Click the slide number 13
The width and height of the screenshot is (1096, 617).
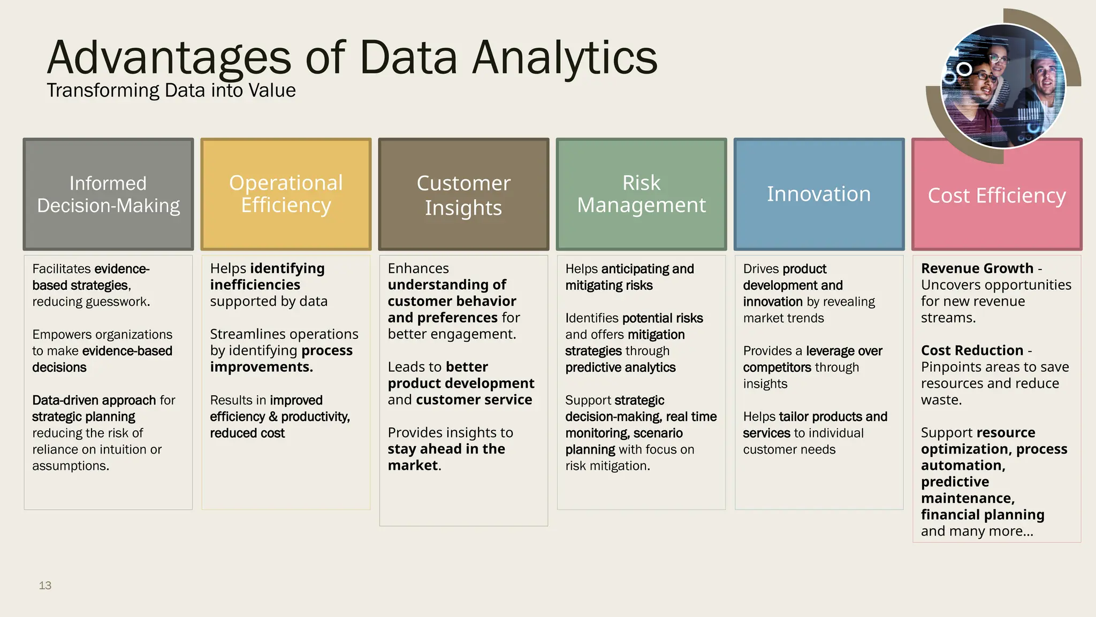(x=45, y=585)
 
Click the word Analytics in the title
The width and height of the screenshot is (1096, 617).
(x=565, y=58)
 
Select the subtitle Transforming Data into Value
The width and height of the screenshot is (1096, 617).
(x=171, y=91)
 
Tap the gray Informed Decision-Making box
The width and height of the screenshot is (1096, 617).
(x=108, y=194)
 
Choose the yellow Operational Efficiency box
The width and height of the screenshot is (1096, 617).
(x=286, y=194)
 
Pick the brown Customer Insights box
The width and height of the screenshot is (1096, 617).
(x=463, y=194)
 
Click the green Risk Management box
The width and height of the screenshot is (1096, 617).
(x=641, y=194)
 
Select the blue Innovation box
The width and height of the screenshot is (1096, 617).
(x=819, y=194)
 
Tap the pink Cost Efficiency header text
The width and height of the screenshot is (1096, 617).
(x=996, y=196)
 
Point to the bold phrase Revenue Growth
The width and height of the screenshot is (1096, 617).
(x=977, y=268)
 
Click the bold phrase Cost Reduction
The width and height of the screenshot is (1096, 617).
(x=972, y=350)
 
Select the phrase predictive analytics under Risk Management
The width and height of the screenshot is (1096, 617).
(x=620, y=367)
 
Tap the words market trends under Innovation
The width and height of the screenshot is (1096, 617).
(x=783, y=318)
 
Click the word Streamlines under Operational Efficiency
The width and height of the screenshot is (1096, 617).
(x=246, y=334)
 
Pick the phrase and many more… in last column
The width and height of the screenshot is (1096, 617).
(x=977, y=531)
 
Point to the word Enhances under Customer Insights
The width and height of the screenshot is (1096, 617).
(x=418, y=268)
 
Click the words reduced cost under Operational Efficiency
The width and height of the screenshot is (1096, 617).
(x=247, y=433)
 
